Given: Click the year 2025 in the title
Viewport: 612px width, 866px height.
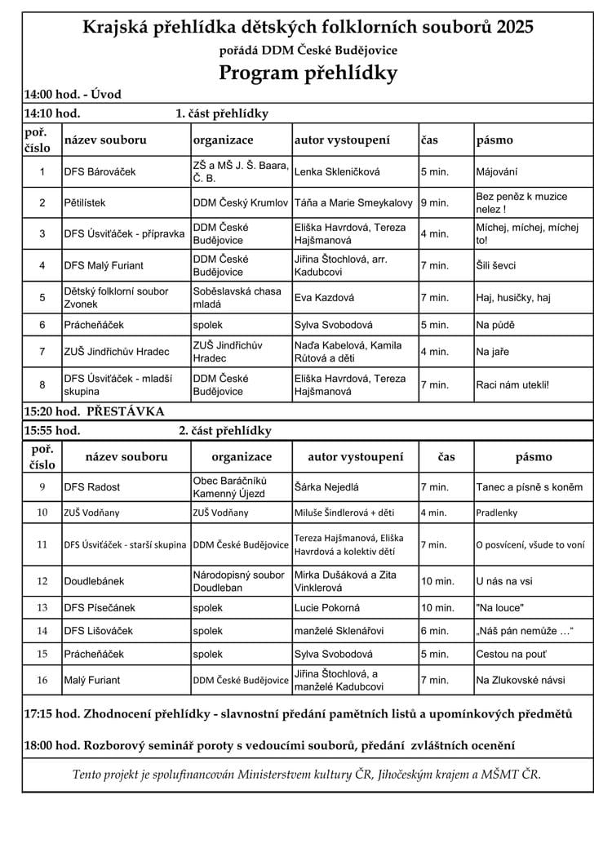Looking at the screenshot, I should [x=512, y=28].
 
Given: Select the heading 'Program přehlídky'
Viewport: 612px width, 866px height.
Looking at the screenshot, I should [x=308, y=73].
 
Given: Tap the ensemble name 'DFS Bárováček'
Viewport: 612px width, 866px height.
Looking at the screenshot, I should [x=100, y=172].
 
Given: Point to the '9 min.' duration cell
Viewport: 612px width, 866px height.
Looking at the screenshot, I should [x=435, y=202].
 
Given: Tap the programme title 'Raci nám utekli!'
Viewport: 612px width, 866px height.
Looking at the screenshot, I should [x=512, y=384].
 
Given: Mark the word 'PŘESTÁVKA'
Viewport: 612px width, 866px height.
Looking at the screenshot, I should [x=125, y=411].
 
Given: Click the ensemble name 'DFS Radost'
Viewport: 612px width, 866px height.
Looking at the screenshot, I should [x=91, y=487].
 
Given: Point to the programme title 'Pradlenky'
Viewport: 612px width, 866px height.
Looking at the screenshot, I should [x=498, y=513].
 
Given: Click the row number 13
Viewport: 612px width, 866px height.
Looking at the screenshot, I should [x=42, y=607].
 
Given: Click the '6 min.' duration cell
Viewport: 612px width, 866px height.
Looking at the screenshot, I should [x=435, y=631].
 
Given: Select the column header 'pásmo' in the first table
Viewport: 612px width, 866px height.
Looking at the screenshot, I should [x=494, y=140].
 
